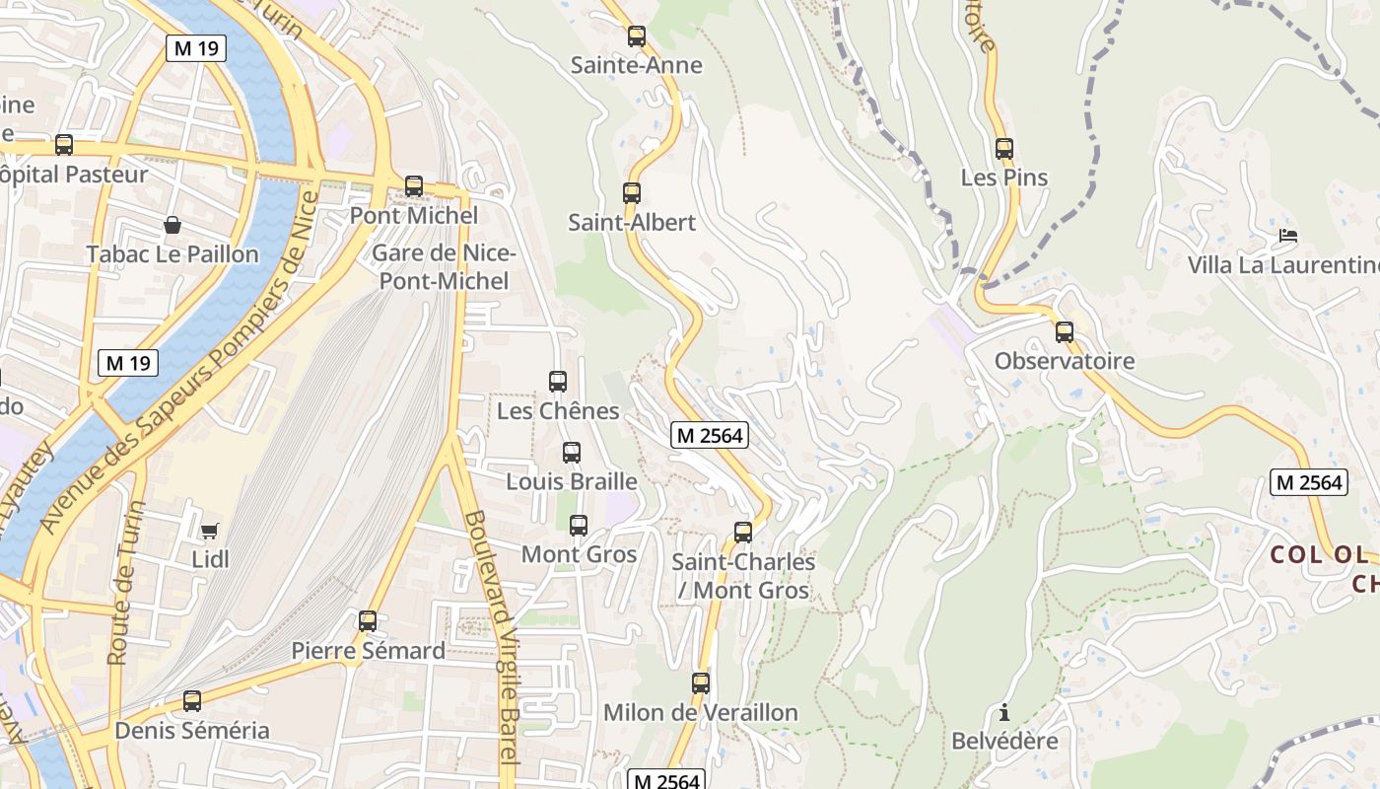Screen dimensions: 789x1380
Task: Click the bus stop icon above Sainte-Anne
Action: click(x=637, y=36)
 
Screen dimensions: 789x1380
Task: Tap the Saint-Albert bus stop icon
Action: click(x=632, y=193)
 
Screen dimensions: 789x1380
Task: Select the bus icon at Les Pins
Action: click(x=1004, y=149)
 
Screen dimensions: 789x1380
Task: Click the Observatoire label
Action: click(x=1065, y=361)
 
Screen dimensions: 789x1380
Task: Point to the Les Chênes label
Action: click(x=558, y=410)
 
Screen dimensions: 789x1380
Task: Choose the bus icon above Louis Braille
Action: click(x=572, y=453)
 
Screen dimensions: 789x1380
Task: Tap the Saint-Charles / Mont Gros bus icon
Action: click(x=743, y=533)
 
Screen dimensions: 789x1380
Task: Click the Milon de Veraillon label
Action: click(x=700, y=712)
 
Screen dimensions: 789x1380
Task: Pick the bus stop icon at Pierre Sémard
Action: click(x=368, y=621)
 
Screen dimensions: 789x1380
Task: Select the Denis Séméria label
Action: click(x=192, y=731)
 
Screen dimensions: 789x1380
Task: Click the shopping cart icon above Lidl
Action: click(x=209, y=532)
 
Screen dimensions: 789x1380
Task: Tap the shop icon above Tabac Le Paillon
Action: click(x=172, y=225)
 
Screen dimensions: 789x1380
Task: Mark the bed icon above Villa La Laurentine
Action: click(x=1287, y=236)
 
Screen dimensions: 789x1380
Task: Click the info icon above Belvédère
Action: click(x=1004, y=712)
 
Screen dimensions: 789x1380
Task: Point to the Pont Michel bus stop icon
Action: click(x=414, y=185)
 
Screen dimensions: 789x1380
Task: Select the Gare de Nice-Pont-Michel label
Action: click(x=444, y=267)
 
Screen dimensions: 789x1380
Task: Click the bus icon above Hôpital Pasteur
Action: click(x=64, y=145)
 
